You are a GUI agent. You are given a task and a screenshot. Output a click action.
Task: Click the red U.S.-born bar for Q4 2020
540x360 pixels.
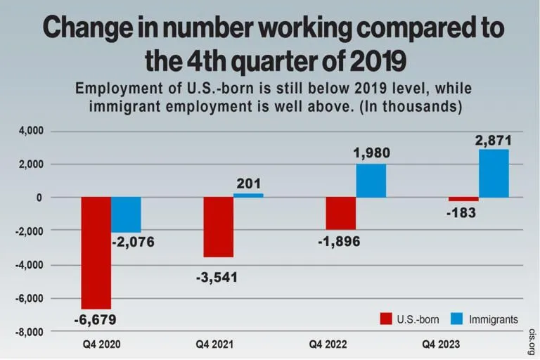[96, 252]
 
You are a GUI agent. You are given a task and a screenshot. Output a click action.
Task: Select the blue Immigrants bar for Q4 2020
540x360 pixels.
[126, 214]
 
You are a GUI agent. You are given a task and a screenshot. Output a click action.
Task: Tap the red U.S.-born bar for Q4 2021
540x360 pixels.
[218, 227]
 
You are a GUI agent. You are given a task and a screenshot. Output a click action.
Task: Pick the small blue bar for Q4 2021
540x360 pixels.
[248, 195]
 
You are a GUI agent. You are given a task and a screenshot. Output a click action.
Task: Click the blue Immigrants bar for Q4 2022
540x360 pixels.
[371, 181]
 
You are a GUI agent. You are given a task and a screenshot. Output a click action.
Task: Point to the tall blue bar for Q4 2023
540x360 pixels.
[493, 173]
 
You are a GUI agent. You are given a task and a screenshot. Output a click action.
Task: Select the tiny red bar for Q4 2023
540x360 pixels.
[463, 199]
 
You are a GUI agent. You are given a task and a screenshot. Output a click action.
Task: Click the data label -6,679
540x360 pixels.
[95, 320]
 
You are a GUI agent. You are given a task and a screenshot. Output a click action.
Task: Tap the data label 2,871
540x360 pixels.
[493, 141]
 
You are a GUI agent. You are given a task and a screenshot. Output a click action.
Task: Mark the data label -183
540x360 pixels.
[462, 212]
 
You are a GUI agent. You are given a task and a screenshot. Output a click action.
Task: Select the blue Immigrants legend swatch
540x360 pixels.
[456, 320]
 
